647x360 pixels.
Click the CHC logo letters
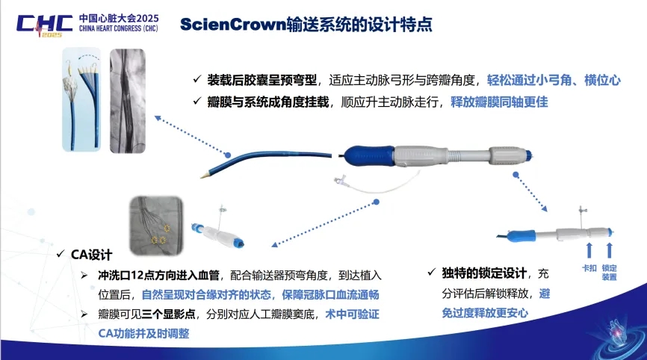45,24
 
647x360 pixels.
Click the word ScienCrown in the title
233,25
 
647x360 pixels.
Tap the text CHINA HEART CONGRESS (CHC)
119,28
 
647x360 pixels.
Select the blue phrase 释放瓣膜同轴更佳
499,102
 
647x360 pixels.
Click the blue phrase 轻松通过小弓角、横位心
554,80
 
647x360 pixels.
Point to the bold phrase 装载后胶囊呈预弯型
262,80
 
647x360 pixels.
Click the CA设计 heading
91,255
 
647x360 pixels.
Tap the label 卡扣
589,268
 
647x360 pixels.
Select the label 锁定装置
609,273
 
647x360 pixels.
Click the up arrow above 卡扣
589,250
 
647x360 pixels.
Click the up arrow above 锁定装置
610,250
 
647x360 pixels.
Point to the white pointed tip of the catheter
203,176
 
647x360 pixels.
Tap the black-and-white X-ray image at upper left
128,101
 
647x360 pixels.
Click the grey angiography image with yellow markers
156,226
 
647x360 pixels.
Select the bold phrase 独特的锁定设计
484,273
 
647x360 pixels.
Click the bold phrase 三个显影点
168,314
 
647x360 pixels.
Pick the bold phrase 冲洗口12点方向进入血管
159,275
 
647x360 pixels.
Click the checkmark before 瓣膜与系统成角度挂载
197,101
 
